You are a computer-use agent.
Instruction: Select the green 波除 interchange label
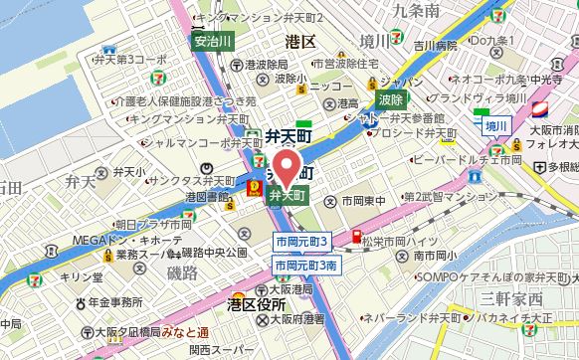coord(391,98)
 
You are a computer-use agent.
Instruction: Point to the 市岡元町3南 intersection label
coord(308,267)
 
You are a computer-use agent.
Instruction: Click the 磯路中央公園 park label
coord(214,253)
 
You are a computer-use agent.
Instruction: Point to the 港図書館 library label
coord(210,196)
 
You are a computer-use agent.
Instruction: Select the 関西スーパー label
coord(218,350)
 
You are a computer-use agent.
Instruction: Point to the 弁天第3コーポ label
coord(128,60)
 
